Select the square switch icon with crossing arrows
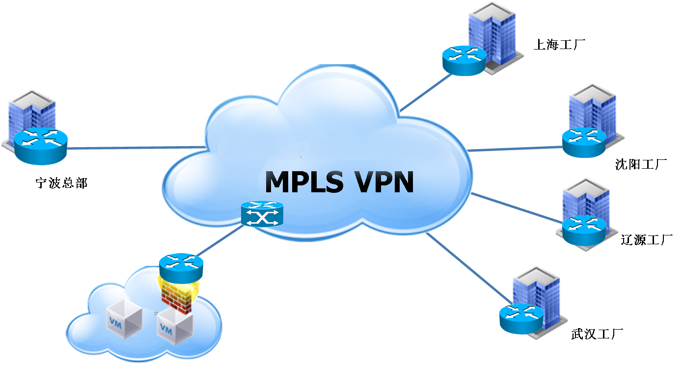[263, 215]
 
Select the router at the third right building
[584, 231]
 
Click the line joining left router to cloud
[133, 147]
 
